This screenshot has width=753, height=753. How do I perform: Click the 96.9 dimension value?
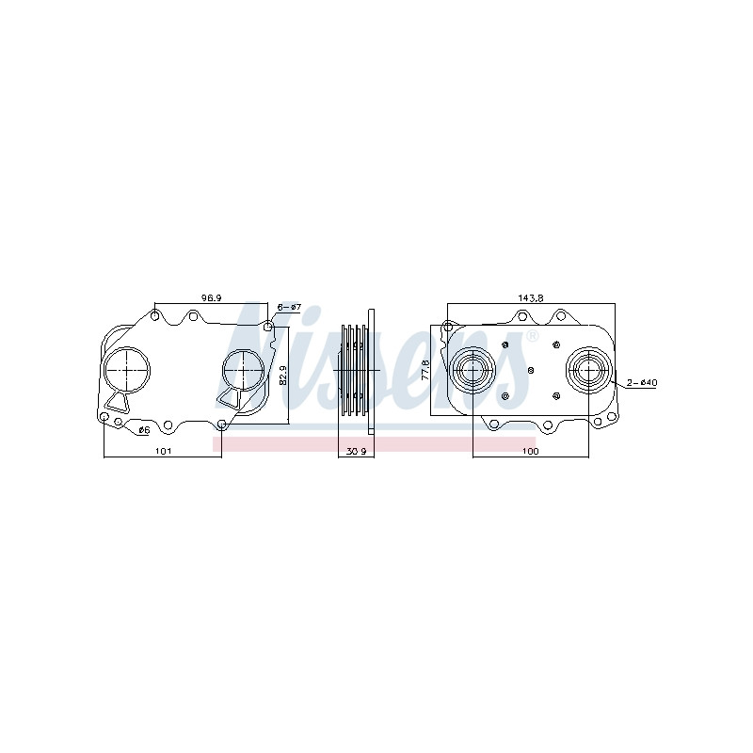coord(211,298)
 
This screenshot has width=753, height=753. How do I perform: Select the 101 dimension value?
coord(163,451)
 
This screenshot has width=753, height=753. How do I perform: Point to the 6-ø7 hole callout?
coord(289,307)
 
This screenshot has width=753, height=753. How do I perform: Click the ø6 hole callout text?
coord(144,430)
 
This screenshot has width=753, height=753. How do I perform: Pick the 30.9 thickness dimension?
coord(357,451)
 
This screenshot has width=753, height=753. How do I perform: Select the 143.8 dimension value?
coord(530,298)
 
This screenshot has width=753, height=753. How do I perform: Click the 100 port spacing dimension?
coord(530,451)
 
